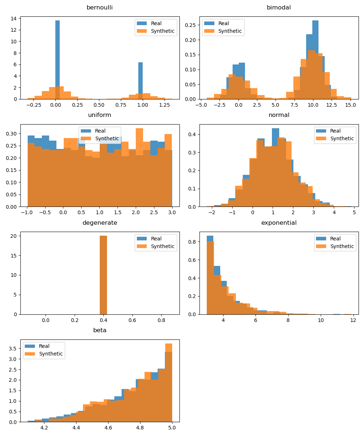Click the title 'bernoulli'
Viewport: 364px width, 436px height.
pos(99,8)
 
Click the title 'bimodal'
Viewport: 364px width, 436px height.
pos(278,8)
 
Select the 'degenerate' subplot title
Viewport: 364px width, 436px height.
pos(99,223)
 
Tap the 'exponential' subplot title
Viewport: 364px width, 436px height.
pos(278,223)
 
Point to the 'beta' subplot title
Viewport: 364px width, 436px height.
pos(99,330)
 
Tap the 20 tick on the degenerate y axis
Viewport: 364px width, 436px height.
pos(13,236)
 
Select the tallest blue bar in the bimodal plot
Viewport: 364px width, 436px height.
pos(315,58)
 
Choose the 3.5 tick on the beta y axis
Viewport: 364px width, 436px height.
pos(13,349)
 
